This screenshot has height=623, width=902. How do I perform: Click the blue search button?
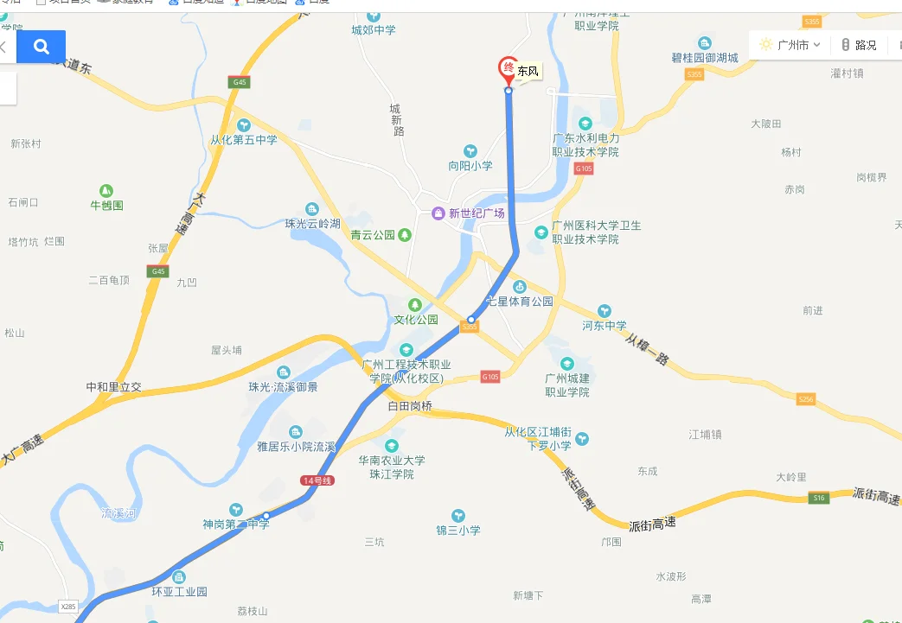click(x=42, y=47)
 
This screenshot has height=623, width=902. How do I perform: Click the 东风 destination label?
click(x=528, y=72)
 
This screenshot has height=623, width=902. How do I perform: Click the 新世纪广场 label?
click(x=477, y=213)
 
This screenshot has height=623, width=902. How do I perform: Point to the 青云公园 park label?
click(x=373, y=234)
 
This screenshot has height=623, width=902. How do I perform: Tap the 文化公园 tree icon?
click(x=415, y=304)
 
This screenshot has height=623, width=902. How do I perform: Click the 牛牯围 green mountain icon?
click(x=106, y=190)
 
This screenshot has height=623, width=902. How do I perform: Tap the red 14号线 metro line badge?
click(x=317, y=480)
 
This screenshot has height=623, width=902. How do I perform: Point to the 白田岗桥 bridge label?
click(x=410, y=404)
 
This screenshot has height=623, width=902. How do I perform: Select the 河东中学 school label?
click(x=605, y=326)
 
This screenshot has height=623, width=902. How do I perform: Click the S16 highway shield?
click(x=819, y=498)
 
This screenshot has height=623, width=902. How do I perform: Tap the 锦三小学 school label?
click(x=457, y=530)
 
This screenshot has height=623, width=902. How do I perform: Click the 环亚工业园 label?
click(x=179, y=592)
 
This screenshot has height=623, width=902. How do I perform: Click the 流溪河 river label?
click(x=118, y=513)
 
